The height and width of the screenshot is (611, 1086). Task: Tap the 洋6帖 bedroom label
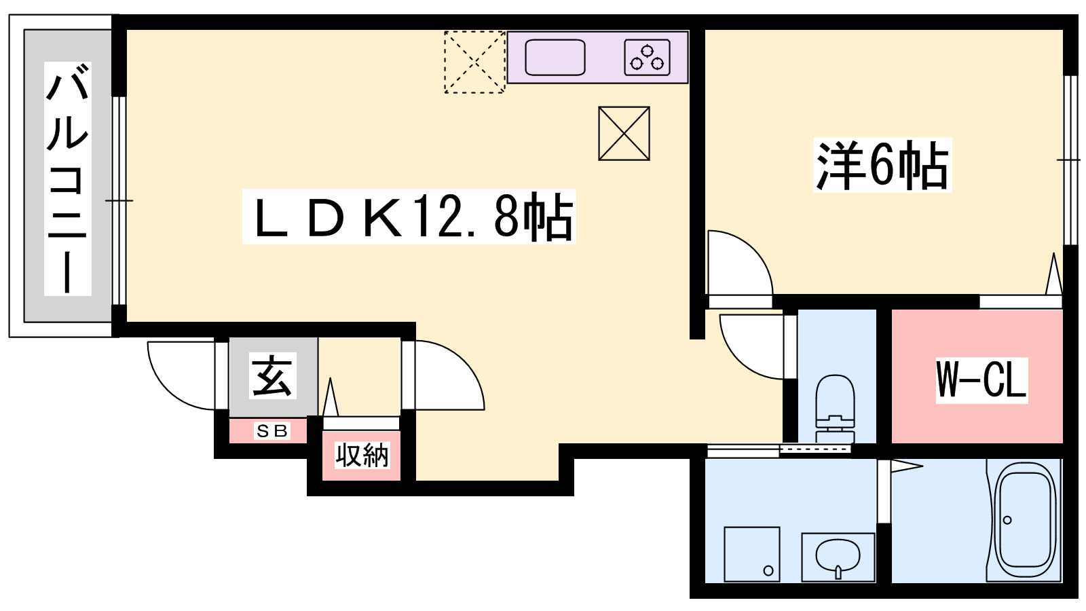[882, 165]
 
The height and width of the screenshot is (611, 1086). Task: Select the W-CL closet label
[981, 380]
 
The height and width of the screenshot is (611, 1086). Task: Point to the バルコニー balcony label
[68, 179]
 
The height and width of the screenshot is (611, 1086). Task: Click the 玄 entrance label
[272, 376]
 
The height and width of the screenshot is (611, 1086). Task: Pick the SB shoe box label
[272, 430]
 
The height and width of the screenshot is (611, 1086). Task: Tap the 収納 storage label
[362, 456]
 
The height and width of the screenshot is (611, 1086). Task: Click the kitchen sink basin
[555, 57]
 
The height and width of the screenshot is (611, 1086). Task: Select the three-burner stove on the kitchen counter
[648, 57]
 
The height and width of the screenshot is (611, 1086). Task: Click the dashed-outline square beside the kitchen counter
[475, 62]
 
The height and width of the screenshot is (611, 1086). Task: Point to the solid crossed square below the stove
[624, 133]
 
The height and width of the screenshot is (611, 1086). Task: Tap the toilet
[835, 408]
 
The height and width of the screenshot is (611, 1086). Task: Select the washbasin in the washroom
[838, 557]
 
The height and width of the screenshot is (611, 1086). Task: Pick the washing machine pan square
[752, 554]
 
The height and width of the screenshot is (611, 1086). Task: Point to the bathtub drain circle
[1007, 520]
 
